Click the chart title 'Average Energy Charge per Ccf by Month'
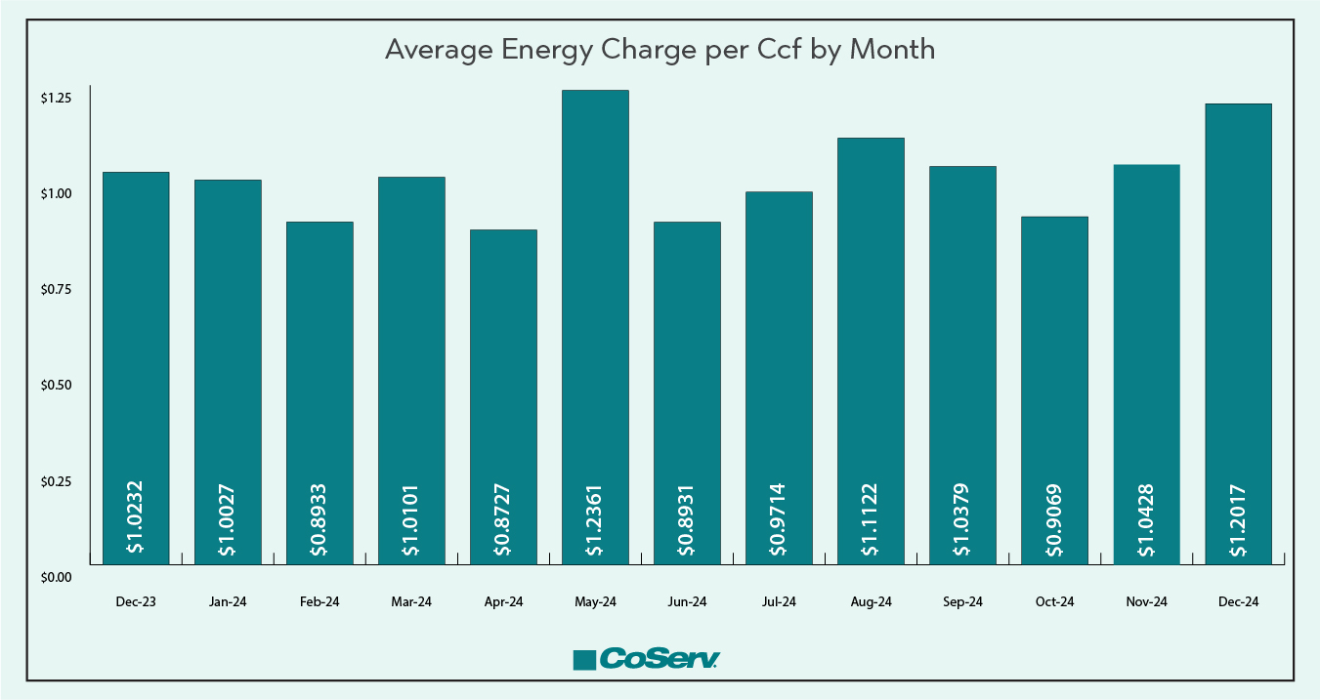[660, 50]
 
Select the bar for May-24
[595, 322]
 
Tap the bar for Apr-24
[503, 391]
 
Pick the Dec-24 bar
[1238, 332]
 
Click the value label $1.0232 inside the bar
[136, 516]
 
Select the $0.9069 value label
[1054, 518]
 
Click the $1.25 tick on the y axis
[56, 99]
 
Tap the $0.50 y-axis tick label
[56, 386]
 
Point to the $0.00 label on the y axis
[56, 577]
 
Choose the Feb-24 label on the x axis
[319, 602]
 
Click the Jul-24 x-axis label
[779, 602]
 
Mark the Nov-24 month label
[1146, 602]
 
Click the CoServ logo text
[660, 659]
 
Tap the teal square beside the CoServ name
[584, 661]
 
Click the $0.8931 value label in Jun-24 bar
[687, 518]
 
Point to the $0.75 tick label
[56, 290]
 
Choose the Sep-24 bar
[962, 361]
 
